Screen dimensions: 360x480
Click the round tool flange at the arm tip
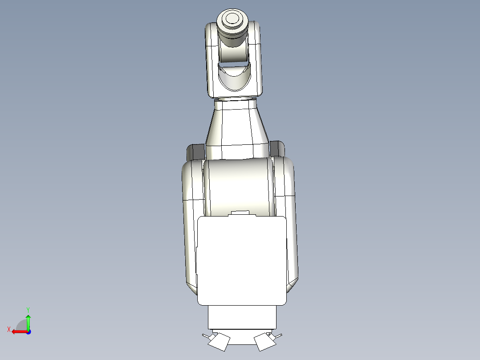point(232,20)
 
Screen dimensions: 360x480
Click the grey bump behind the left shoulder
point(195,151)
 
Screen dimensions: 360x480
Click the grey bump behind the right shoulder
point(277,148)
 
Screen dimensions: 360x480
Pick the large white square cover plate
point(241,261)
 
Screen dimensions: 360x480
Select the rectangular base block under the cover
point(242,317)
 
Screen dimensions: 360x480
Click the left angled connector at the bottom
point(219,342)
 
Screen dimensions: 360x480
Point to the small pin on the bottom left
point(205,335)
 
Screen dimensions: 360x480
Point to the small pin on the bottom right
point(279,335)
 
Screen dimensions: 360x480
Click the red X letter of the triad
point(8,329)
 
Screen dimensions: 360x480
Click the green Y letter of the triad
point(28,309)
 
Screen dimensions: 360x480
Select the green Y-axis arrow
point(28,321)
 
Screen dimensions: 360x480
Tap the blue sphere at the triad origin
point(28,331)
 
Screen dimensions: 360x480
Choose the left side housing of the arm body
point(192,223)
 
